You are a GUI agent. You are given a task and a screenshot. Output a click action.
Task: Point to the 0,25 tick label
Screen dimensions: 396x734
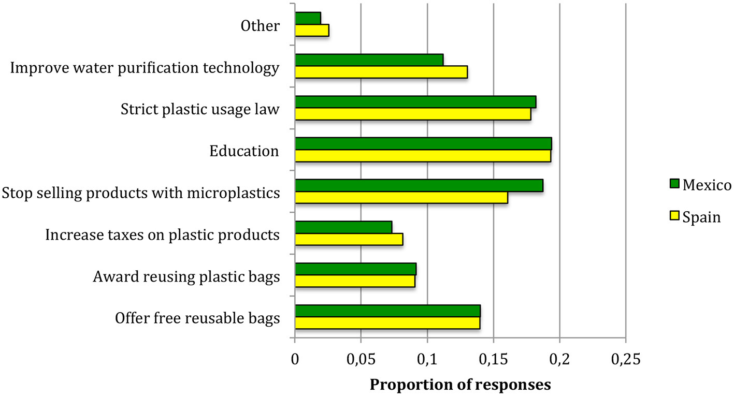pyautogui.click(x=626, y=358)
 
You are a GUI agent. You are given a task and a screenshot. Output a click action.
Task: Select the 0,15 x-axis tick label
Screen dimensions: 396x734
pyautogui.click(x=493, y=358)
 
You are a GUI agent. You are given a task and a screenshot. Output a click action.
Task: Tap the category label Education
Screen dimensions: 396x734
pyautogui.click(x=244, y=151)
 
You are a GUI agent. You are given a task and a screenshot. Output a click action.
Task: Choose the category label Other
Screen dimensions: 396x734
pyautogui.click(x=260, y=26)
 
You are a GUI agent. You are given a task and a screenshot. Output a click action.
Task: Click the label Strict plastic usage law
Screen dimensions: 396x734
pyautogui.click(x=200, y=109)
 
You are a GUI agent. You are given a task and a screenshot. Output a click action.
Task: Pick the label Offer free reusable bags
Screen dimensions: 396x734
pyautogui.click(x=197, y=318)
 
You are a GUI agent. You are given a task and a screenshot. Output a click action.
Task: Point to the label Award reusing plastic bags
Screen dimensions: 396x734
pyautogui.click(x=186, y=276)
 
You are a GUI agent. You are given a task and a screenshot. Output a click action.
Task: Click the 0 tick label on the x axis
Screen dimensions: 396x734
pyautogui.click(x=295, y=358)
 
